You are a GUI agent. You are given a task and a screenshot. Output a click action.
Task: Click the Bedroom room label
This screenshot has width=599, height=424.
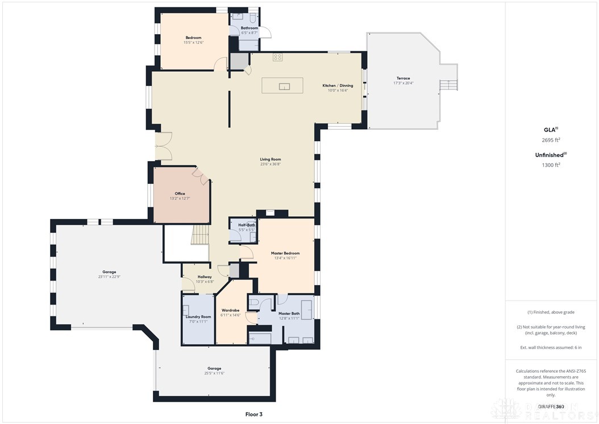[x=193, y=38]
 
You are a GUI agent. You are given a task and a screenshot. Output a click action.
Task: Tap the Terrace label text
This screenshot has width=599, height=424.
[x=403, y=78]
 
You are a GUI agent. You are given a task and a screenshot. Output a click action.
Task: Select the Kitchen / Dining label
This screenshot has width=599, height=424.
[x=338, y=85]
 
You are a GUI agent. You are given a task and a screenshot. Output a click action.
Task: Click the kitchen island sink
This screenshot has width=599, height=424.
[x=284, y=86]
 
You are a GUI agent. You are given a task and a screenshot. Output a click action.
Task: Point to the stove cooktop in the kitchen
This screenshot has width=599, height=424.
[x=277, y=57]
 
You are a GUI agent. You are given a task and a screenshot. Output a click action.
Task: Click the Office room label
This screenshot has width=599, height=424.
[x=180, y=194]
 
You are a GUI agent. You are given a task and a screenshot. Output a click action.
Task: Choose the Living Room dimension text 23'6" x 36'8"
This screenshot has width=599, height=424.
[x=271, y=164]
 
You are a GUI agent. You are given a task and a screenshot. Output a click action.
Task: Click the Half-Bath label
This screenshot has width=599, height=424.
[x=247, y=225]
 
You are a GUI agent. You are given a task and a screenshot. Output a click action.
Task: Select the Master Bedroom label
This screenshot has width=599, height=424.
[x=285, y=253]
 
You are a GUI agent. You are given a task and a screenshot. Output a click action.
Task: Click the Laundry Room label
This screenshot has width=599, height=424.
[x=198, y=316]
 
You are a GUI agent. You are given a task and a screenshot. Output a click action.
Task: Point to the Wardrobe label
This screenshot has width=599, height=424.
[x=230, y=310]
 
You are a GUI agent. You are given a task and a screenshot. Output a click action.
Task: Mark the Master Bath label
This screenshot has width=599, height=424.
[x=289, y=313]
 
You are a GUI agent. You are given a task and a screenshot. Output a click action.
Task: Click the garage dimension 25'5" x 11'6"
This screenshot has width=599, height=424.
[x=214, y=373]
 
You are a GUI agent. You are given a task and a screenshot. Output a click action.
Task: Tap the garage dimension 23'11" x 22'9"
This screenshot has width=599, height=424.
[x=109, y=277]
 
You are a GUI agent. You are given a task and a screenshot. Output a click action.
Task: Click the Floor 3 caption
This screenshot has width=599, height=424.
[x=253, y=414]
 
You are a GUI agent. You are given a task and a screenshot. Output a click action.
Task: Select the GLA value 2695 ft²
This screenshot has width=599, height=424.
[x=548, y=139]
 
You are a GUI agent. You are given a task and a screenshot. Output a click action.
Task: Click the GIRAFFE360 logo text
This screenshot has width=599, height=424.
[x=551, y=406]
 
